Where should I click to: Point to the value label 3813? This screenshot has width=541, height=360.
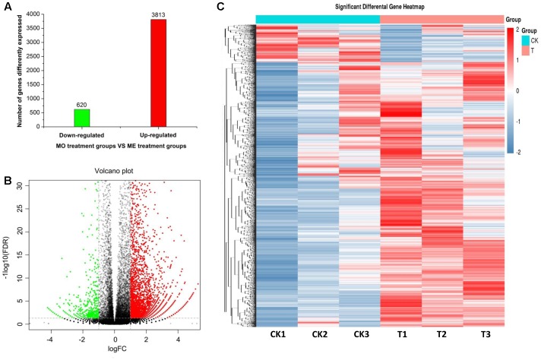coord(156,14)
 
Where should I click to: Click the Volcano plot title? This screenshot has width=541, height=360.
coord(115,172)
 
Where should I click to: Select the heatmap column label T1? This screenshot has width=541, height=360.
coord(400,338)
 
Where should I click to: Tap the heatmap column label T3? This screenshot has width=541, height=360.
coord(482,338)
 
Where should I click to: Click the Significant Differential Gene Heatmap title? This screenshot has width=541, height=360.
coord(378,8)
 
